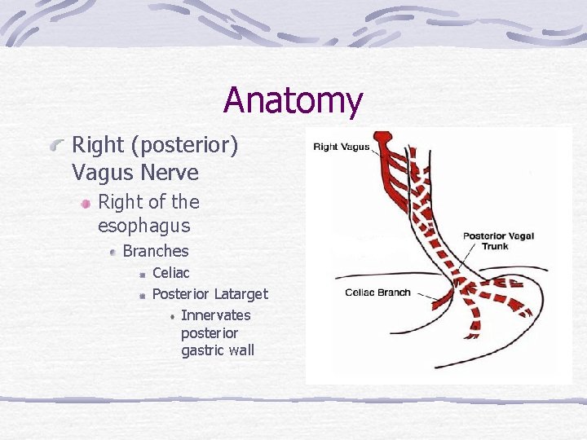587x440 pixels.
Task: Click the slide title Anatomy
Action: pos(293,100)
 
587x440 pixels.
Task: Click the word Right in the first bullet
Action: pos(95,146)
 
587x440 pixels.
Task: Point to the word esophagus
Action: pos(143,226)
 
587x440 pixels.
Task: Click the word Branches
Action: pos(155,251)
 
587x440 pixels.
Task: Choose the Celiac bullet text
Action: pos(170,273)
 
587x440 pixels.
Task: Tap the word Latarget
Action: pos(241,293)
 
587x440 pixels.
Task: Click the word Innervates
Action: pos(215,315)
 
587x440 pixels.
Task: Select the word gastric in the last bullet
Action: pos(201,350)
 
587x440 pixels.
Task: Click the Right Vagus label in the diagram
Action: pos(342,147)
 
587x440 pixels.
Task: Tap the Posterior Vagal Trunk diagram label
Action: pos(498,240)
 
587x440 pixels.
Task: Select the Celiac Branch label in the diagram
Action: pos(377,293)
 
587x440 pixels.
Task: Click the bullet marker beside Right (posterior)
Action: pos(56,147)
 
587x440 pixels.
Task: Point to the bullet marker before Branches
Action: pos(112,252)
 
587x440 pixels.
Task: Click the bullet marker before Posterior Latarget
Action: pos(142,294)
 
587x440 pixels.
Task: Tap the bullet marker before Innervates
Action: pos(173,315)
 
